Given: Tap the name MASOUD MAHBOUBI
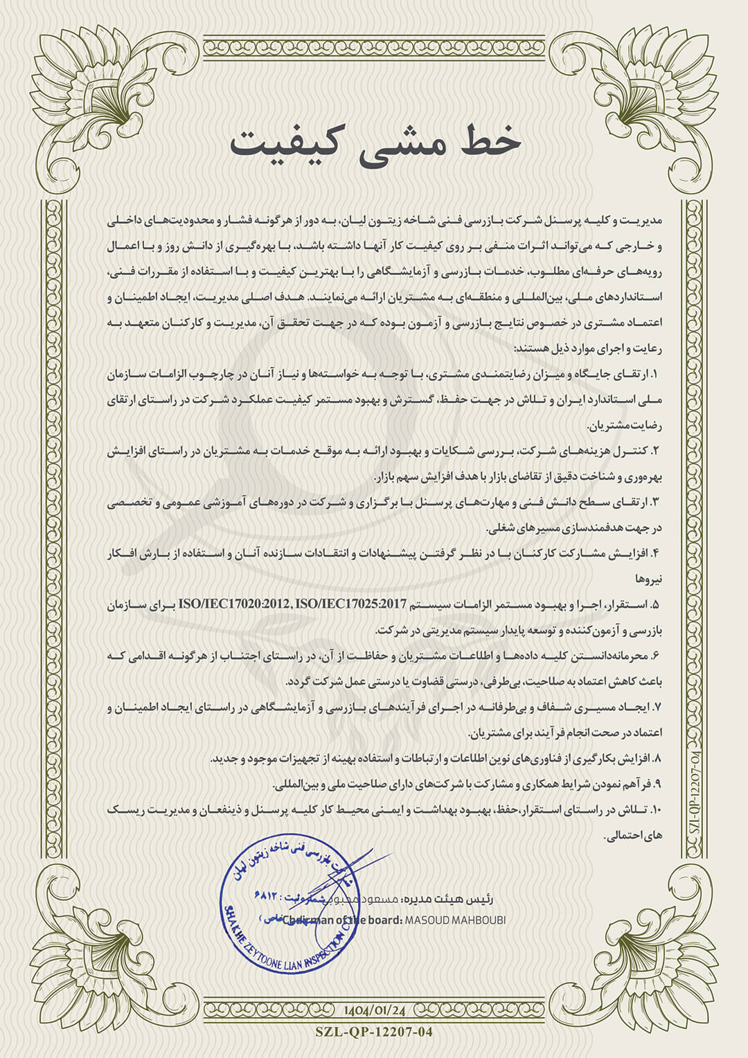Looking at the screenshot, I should [456, 920].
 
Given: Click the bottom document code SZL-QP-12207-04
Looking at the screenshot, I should [373, 1032].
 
